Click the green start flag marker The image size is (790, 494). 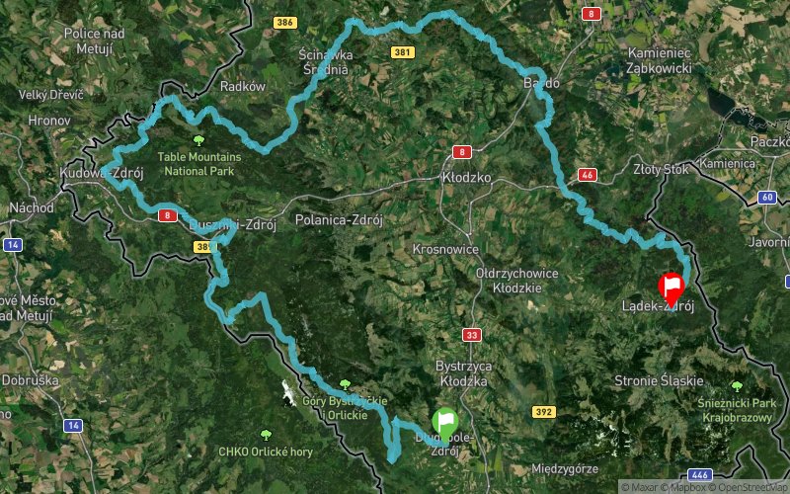tap(445, 422)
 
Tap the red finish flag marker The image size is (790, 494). tap(671, 288)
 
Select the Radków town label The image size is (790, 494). tap(243, 86)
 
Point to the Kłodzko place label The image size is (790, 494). tap(466, 178)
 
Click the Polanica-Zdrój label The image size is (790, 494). tap(339, 219)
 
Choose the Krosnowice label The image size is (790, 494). tap(445, 250)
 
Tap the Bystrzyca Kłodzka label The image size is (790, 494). tap(463, 372)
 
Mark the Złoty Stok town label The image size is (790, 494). tap(662, 169)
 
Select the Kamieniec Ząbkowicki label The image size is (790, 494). tap(659, 62)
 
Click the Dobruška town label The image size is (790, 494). tap(31, 379)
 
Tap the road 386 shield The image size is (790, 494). tap(285, 22)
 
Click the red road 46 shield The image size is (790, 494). tap(587, 175)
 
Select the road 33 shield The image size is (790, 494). tap(471, 335)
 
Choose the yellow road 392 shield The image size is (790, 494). tap(543, 410)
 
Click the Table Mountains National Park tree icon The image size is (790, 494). tap(199, 140)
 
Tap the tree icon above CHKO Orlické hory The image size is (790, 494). tap(265, 434)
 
